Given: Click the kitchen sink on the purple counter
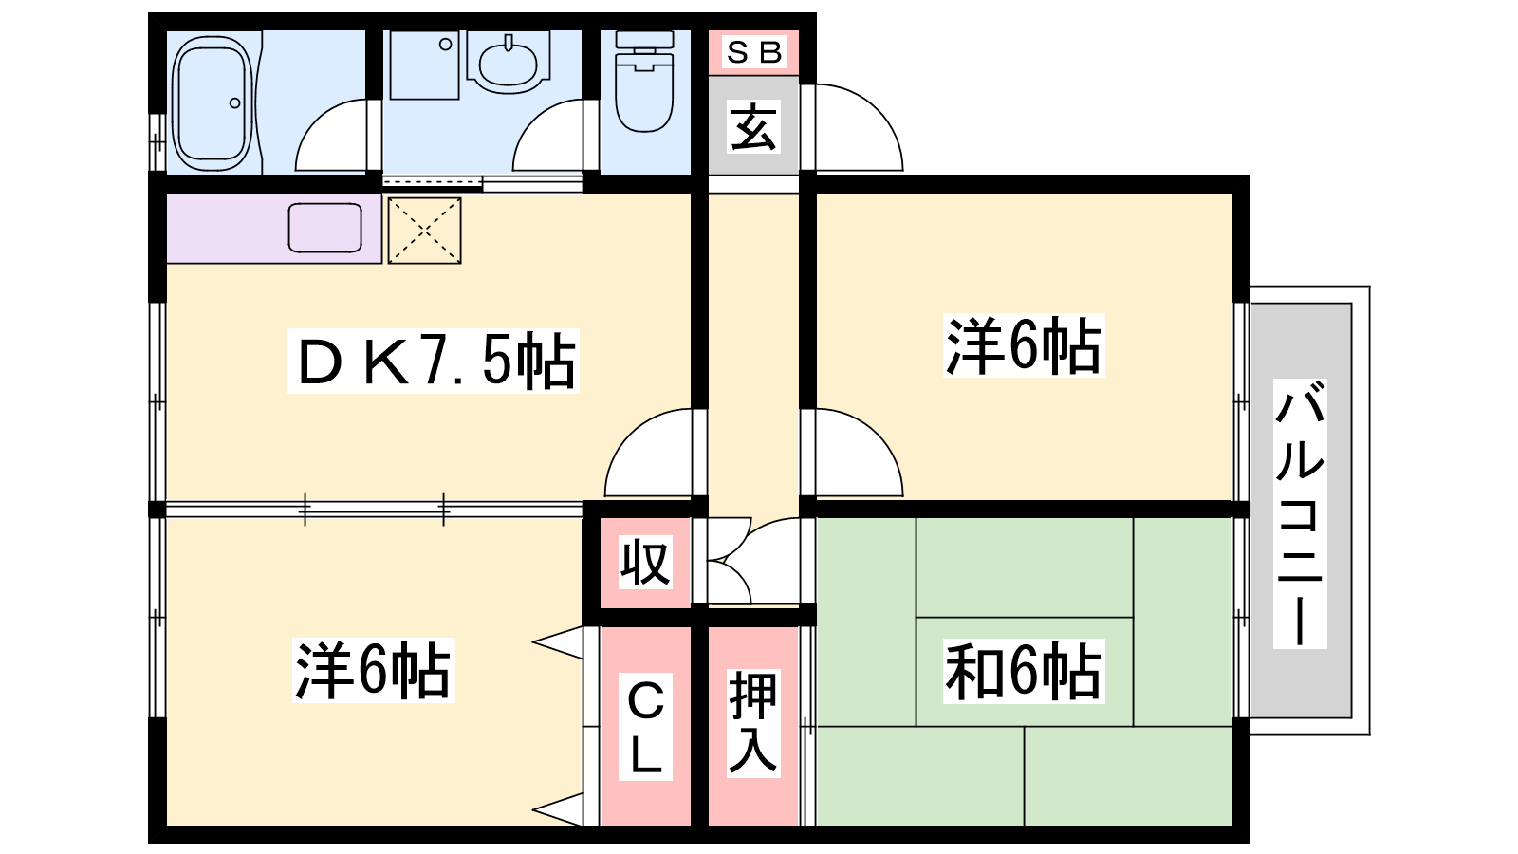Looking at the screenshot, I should [x=324, y=228].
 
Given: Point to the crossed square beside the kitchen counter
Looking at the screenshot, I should [x=424, y=230].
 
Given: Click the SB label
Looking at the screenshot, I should [x=754, y=52].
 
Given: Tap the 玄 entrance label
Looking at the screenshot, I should [x=754, y=127].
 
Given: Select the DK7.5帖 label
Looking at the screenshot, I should [x=434, y=361].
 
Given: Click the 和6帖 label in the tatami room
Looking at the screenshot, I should [x=1024, y=671].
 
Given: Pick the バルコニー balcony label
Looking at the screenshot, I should [x=1300, y=513].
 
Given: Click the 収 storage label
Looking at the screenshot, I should [x=645, y=563].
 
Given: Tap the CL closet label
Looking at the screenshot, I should [x=645, y=727].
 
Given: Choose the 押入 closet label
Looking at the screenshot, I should [x=753, y=723].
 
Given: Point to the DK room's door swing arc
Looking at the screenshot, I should [x=652, y=454].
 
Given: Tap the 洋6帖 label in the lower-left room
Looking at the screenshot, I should [x=373, y=671].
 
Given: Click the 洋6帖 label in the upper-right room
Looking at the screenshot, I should [x=1024, y=346].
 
